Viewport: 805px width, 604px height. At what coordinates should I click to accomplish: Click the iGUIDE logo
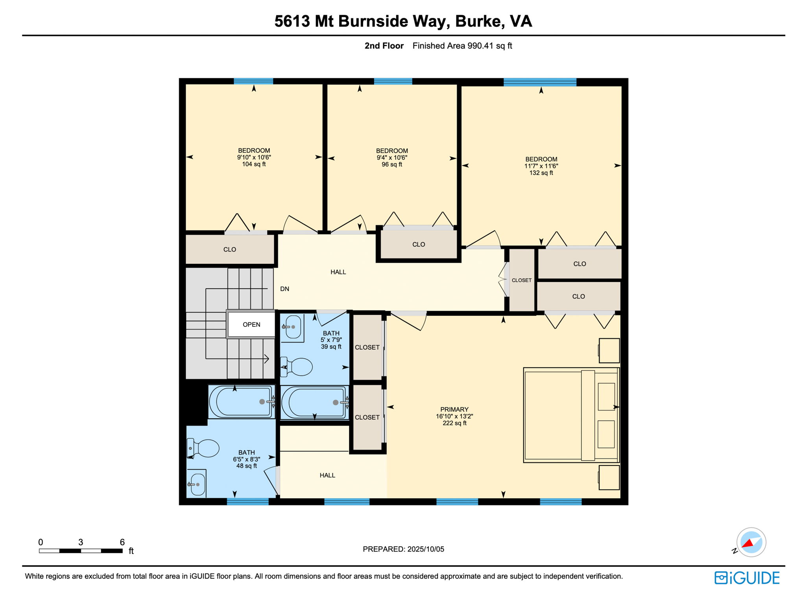pos(747,578)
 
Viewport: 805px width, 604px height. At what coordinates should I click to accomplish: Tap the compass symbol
pos(751,543)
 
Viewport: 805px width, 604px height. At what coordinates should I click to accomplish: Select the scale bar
pos(81,551)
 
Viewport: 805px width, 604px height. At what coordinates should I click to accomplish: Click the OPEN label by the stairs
pos(251,324)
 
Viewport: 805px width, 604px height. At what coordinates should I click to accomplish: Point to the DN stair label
pos(284,289)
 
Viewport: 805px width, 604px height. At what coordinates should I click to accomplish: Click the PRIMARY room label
pos(454,409)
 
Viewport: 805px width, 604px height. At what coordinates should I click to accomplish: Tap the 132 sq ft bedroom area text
pos(541,173)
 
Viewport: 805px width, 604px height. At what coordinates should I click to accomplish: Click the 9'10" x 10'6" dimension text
pos(254,157)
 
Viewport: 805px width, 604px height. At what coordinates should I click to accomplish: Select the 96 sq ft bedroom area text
pos(391,164)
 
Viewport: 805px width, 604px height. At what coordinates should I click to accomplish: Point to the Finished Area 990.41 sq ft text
pos(462,46)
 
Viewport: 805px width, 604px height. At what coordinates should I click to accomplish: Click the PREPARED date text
pos(403,549)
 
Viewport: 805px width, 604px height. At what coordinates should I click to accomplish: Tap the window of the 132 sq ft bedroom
pos(540,82)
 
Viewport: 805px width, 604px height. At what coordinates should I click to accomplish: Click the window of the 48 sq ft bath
pos(247,501)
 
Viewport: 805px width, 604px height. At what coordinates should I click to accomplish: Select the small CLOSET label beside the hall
pos(521,280)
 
